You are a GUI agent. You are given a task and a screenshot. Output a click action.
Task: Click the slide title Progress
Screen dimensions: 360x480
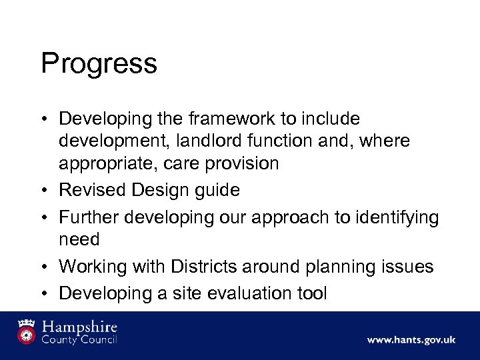[x=99, y=64]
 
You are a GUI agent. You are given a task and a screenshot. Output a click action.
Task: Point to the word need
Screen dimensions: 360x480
[x=79, y=239]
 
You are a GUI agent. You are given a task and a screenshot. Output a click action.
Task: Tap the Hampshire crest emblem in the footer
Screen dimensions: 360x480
[x=27, y=332]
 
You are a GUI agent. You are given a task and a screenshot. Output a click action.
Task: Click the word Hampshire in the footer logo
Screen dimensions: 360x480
[x=79, y=327]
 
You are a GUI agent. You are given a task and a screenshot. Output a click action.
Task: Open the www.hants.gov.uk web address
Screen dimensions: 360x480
[x=411, y=340]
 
